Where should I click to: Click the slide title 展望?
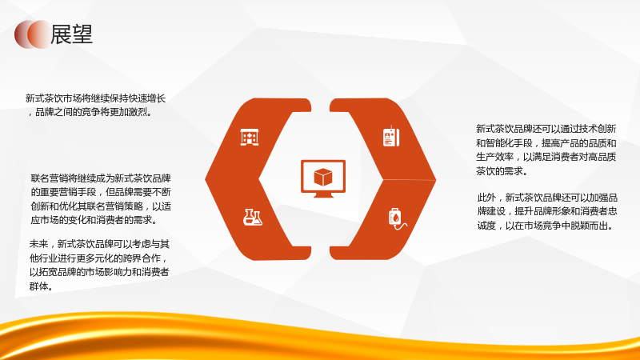point(71,34)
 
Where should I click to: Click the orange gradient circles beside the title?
point(33,34)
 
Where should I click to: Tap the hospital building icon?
point(250,137)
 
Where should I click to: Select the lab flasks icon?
point(252,217)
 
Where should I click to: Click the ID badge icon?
point(391,136)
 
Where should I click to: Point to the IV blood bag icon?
point(398,218)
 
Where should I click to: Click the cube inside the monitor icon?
point(323,177)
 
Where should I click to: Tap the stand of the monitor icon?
point(323,195)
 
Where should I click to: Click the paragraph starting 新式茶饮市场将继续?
point(95,105)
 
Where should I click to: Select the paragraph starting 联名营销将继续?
point(101,199)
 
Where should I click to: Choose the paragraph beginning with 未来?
point(99,265)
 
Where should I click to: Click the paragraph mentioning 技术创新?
point(546,150)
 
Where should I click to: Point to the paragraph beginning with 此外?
point(547,211)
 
